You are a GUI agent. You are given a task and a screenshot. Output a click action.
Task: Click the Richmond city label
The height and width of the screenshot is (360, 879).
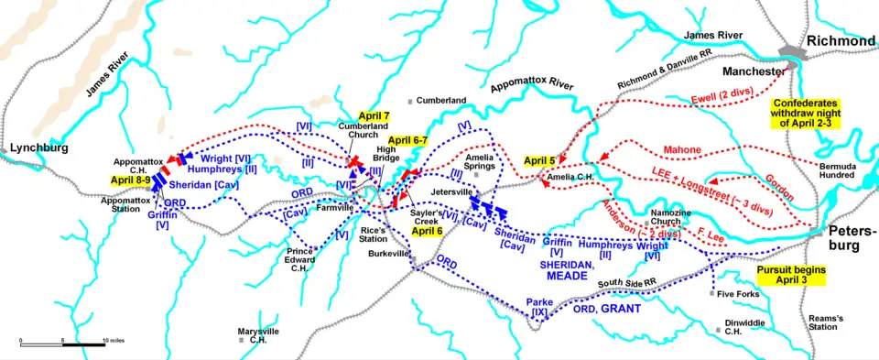click(841, 42)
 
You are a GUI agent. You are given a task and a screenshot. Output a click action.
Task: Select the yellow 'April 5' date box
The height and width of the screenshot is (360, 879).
click(540, 161)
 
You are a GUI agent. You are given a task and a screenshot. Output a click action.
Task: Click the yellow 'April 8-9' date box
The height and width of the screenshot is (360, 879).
click(128, 180)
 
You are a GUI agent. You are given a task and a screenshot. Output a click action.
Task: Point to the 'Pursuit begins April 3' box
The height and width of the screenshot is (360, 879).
click(792, 277)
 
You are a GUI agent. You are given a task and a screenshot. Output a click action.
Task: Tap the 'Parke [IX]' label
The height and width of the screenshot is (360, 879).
click(541, 307)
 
